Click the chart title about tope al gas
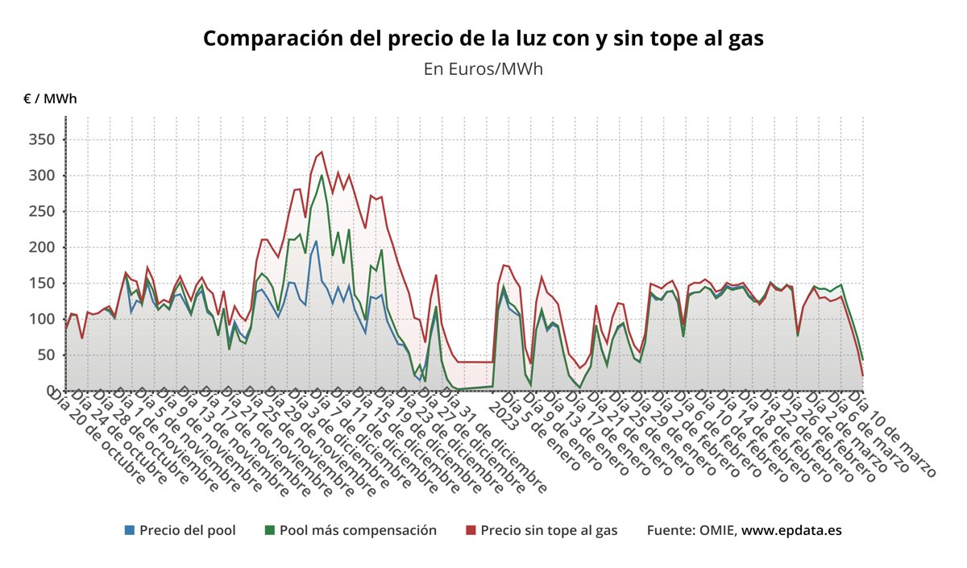(483, 39)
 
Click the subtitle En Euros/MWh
(483, 68)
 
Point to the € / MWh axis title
(51, 99)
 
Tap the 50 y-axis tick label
(46, 354)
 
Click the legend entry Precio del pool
(187, 530)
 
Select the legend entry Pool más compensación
(358, 530)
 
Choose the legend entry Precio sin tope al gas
(549, 530)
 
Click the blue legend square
(130, 530)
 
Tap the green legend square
(270, 530)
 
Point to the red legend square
(471, 530)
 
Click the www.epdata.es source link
(791, 530)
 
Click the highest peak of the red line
(322, 151)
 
